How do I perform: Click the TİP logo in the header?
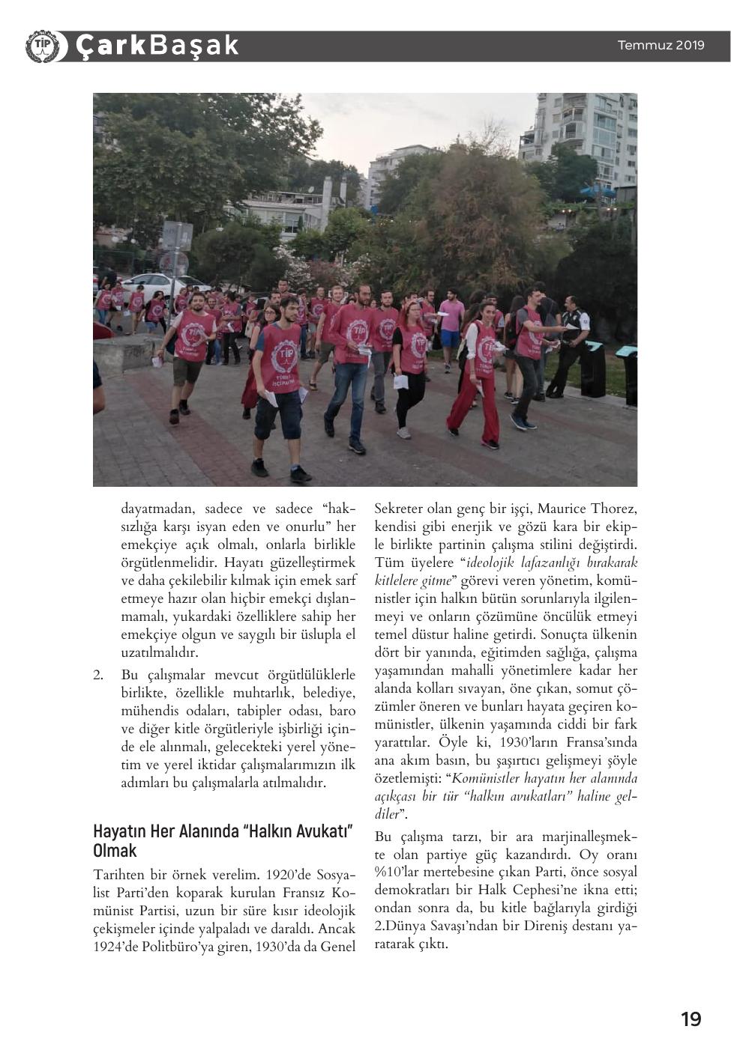click(41, 46)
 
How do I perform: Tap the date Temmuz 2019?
click(661, 45)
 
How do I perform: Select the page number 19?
click(691, 1019)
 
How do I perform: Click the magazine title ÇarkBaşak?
click(157, 46)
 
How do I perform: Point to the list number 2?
click(98, 675)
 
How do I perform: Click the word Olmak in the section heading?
click(115, 851)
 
